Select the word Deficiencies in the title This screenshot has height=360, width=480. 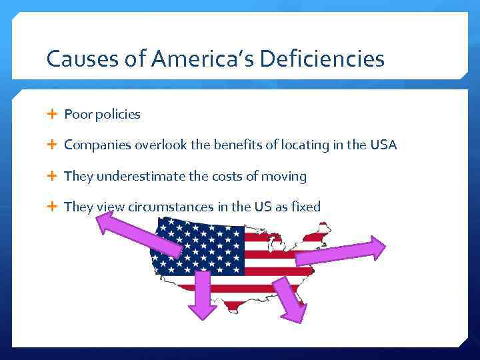coord(322,59)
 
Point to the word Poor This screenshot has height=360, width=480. coord(77,114)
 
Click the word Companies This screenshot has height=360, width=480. coord(97,145)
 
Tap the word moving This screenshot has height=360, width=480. coord(285,176)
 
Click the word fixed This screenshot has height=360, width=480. coord(305,207)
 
